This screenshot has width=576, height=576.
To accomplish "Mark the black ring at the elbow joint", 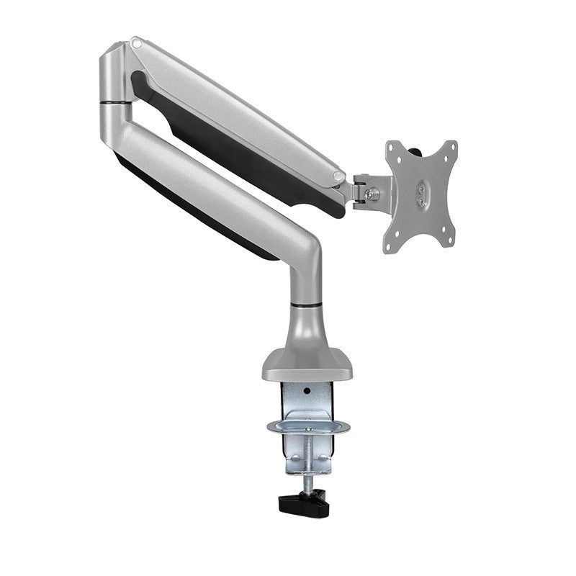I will [x=116, y=105].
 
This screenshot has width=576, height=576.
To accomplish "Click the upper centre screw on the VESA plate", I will [x=420, y=189].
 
